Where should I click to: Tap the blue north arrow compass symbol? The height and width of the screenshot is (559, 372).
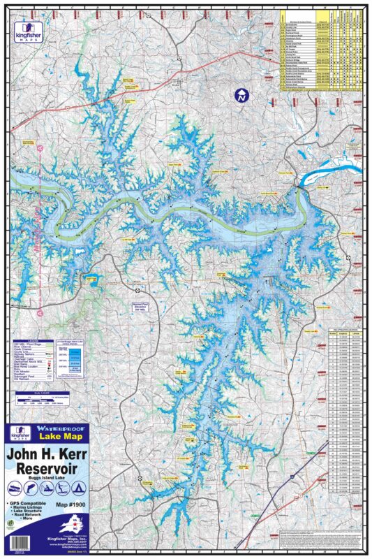pos(242,96)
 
